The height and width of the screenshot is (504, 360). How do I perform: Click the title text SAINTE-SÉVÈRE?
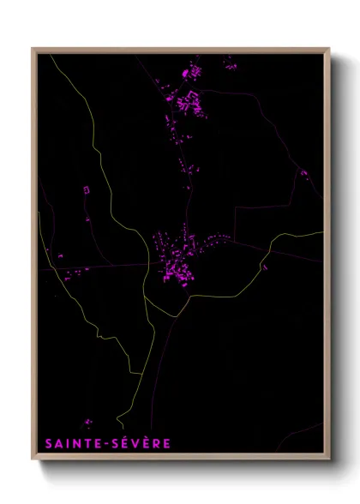[109, 444]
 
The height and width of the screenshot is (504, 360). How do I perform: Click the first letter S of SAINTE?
[50, 444]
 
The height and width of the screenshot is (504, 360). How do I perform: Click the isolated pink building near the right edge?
[303, 172]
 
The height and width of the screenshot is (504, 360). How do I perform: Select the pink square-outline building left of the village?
[86, 189]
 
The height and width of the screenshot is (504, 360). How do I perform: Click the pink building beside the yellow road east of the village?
[265, 267]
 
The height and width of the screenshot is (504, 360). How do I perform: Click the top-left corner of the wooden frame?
[33, 49]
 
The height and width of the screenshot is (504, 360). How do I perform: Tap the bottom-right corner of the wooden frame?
[329, 461]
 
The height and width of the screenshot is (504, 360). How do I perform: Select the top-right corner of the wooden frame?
[329, 49]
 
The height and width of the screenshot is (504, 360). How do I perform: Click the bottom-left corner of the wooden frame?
[33, 461]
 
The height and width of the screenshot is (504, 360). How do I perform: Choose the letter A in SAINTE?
[60, 444]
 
